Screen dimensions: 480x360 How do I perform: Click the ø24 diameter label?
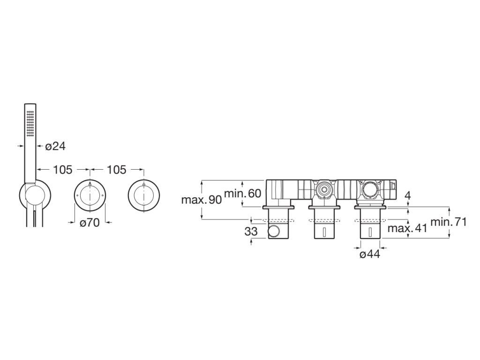click(x=55, y=146)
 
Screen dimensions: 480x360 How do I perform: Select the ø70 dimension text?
click(x=90, y=223)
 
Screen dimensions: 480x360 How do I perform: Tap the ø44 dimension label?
click(x=370, y=254)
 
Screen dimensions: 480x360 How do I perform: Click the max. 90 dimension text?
click(x=201, y=200)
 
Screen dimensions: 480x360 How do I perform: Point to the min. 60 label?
click(x=243, y=193)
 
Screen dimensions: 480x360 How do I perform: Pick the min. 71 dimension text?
click(x=449, y=222)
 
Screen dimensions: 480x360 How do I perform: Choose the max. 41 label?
click(x=407, y=228)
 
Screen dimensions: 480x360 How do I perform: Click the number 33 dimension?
click(x=251, y=232)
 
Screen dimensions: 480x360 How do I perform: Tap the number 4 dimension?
click(x=408, y=195)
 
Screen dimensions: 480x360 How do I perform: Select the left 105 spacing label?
click(x=63, y=169)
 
